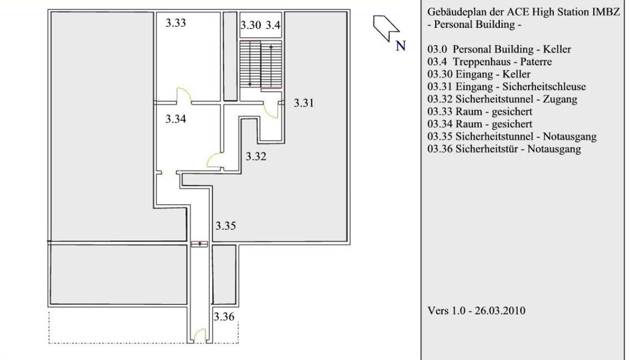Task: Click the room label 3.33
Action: pos(176,23)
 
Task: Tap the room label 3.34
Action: pos(176,119)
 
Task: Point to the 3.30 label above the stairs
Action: pos(251,25)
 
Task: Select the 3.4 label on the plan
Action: pos(273,25)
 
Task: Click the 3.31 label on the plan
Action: pos(304,103)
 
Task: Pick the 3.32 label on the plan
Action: pos(256,156)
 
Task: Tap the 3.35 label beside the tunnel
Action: pos(226,226)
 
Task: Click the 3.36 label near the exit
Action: pos(224,317)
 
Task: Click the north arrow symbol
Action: pos(386,27)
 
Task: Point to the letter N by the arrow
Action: pos(401,46)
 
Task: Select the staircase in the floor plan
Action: pos(261,64)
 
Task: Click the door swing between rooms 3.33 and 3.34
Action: pos(184,96)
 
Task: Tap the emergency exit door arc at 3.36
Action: pos(199,335)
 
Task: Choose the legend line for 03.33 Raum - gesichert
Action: pos(480,112)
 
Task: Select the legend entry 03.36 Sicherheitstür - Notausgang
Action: pos(505,149)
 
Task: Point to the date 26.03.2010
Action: pos(500,311)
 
